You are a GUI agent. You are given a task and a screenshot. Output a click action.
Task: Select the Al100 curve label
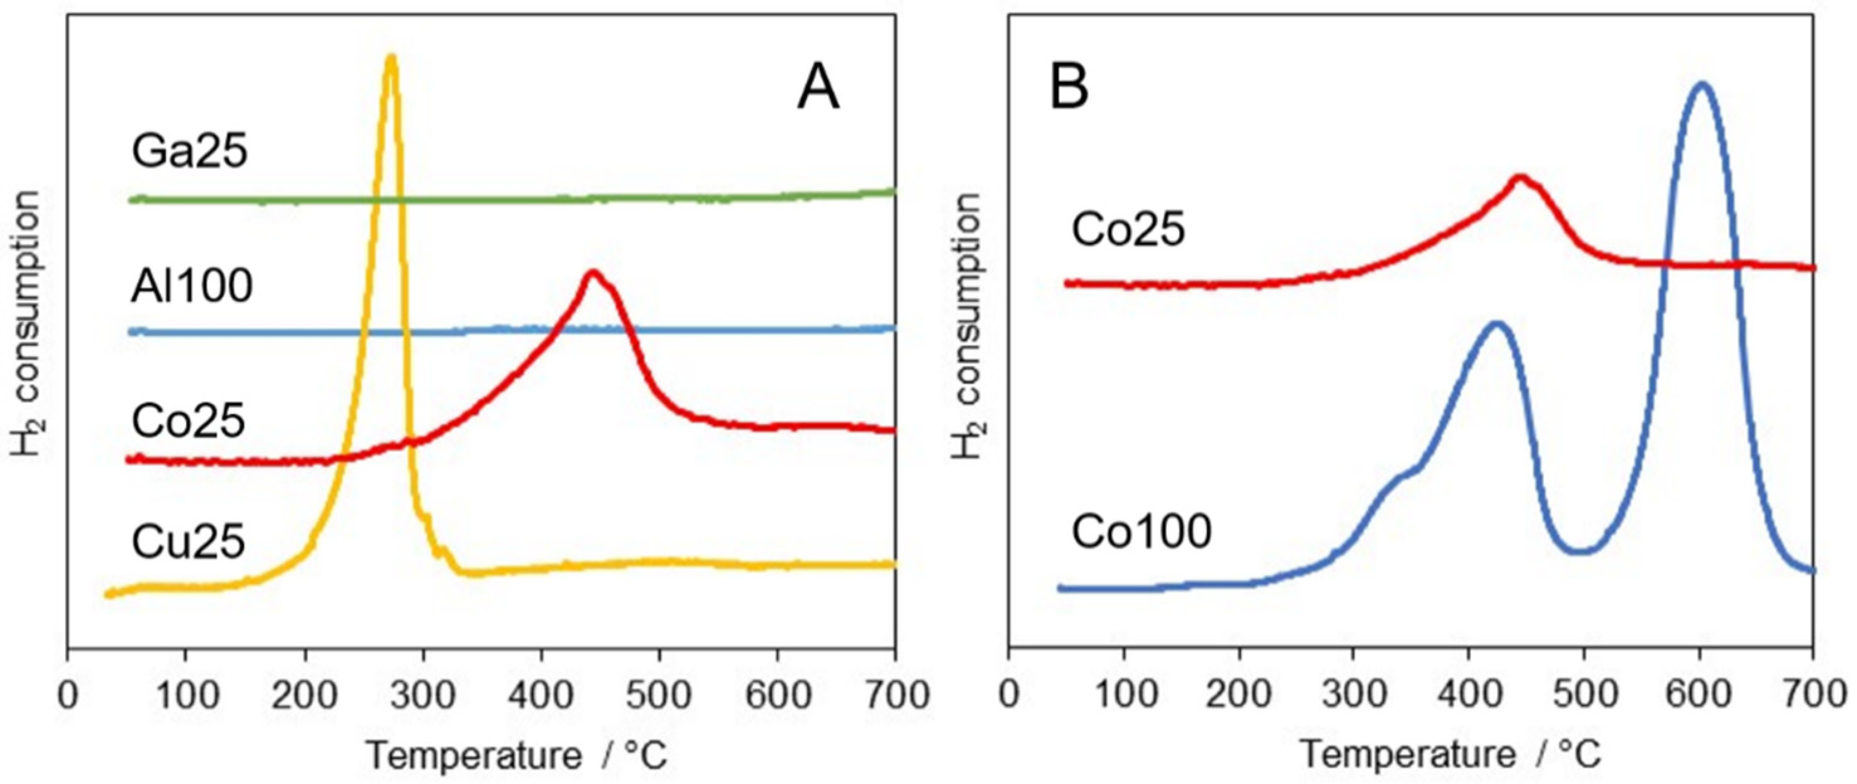coord(192,286)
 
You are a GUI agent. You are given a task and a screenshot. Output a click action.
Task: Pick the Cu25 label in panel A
coord(188,542)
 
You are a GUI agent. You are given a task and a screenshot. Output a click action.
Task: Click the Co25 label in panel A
coord(188,421)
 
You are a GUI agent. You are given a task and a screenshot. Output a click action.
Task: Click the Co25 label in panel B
coord(1128,231)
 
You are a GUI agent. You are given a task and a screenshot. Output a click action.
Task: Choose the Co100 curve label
coord(1141,532)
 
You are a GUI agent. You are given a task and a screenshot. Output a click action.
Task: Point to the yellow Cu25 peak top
coord(391,58)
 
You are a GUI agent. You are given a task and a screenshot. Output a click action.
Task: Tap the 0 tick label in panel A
coord(68,695)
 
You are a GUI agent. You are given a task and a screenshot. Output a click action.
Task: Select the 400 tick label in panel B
coord(1469,695)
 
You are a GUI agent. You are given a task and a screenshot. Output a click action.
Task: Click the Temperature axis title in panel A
coord(517,756)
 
